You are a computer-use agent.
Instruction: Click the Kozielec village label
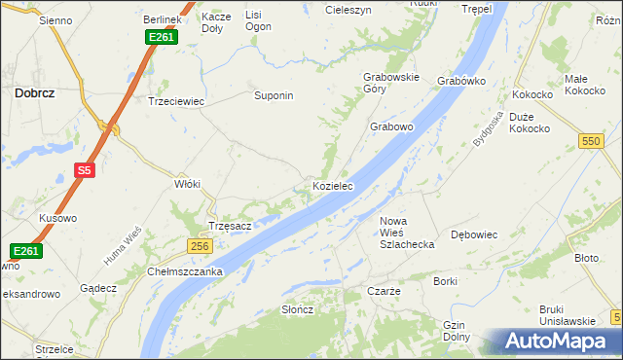point(332,185)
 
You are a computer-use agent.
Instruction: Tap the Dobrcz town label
point(34,93)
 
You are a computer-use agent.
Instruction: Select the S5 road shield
point(85,171)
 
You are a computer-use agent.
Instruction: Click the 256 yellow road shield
point(200,247)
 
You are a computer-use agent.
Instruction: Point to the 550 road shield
point(590,141)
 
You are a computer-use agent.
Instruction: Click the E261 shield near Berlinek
point(161,37)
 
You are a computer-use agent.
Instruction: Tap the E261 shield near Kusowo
point(26,251)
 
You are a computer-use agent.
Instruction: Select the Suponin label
point(274,96)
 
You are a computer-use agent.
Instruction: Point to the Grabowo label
point(391,126)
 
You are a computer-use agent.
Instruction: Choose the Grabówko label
point(461,81)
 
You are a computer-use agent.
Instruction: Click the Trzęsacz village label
point(231,226)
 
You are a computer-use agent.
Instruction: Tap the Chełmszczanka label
point(186,271)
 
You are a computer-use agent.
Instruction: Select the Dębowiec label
point(475,234)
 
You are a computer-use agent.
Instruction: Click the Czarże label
point(384,291)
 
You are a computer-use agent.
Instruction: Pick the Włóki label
point(186,183)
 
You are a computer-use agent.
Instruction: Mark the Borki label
point(446,281)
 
